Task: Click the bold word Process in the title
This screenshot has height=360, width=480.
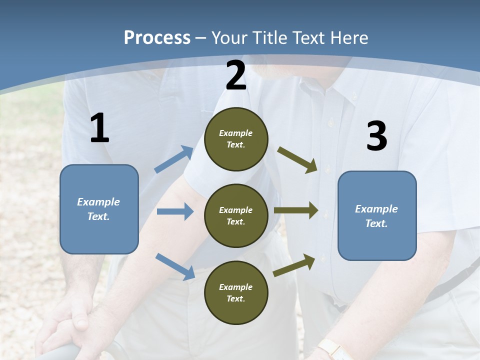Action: click(x=157, y=38)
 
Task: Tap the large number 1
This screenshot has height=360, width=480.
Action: click(x=99, y=128)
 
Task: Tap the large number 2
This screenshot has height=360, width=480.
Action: click(x=236, y=76)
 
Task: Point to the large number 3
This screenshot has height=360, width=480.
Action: click(x=376, y=136)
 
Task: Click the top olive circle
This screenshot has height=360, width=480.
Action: click(x=236, y=139)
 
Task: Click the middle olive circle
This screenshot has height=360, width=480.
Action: click(x=236, y=215)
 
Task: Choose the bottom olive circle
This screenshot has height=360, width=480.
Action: click(x=236, y=292)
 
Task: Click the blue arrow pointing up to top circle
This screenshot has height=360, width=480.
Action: click(x=174, y=159)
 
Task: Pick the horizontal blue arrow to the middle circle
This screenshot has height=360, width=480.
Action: click(x=175, y=211)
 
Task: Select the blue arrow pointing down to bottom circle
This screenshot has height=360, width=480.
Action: click(x=175, y=266)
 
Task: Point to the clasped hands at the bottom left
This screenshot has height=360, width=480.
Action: click(x=67, y=325)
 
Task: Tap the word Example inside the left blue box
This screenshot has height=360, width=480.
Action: click(x=98, y=202)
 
